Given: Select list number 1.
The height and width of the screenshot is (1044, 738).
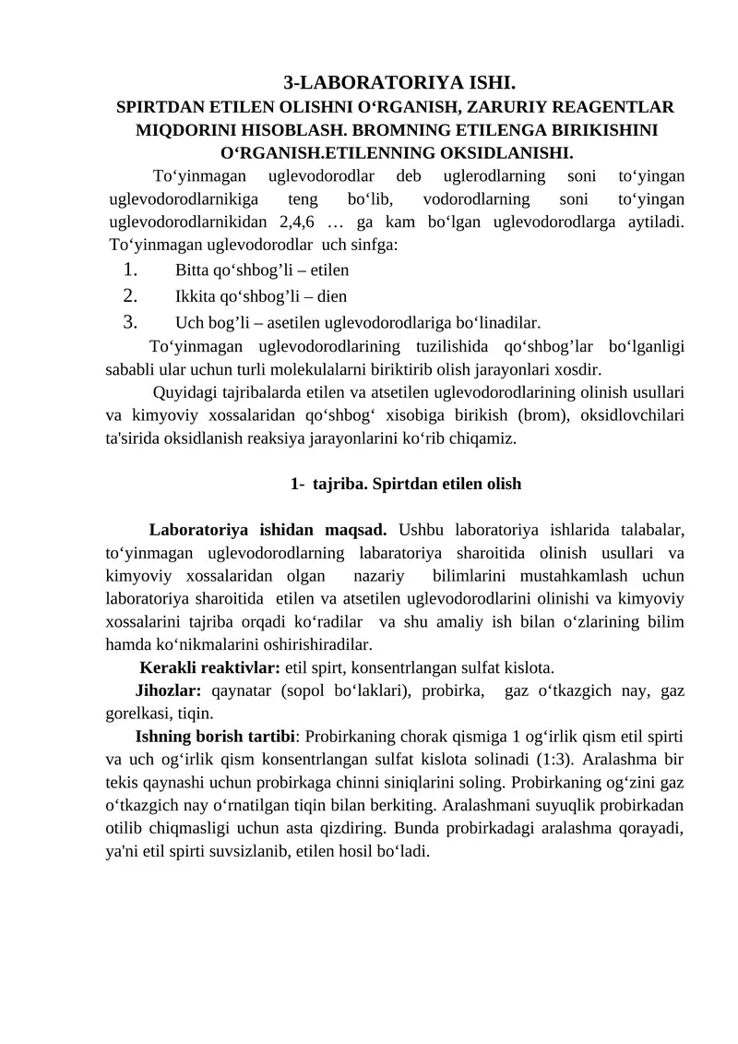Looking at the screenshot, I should (x=129, y=270).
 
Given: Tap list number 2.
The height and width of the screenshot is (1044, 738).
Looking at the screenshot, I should (x=129, y=296).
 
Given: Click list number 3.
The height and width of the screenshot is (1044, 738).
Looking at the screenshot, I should (x=129, y=322).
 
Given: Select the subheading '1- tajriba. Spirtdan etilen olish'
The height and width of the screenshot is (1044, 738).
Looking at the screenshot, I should (x=406, y=484).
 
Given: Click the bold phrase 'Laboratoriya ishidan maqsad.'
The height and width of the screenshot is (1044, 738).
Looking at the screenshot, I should (x=268, y=531).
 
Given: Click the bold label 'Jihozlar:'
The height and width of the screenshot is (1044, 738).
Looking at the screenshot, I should (x=169, y=690).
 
